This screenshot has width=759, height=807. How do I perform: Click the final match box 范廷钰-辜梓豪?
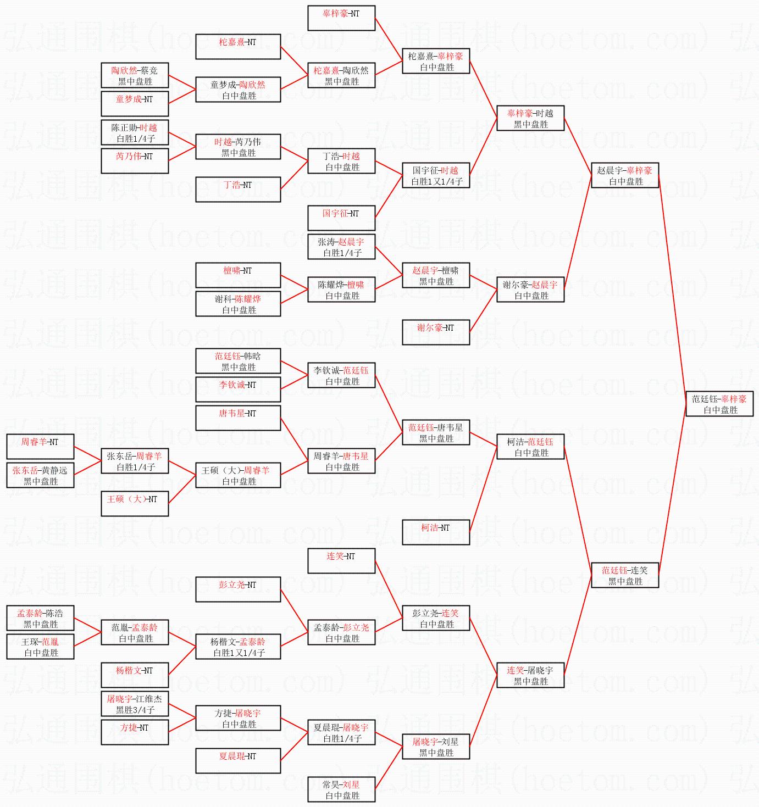point(719,404)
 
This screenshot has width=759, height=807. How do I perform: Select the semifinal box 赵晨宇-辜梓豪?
point(624,175)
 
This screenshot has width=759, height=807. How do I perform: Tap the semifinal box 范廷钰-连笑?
point(624,575)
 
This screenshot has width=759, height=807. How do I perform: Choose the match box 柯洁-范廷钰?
point(530,447)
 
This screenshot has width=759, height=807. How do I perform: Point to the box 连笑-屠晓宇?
point(530,675)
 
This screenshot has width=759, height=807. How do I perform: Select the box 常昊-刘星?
point(341,789)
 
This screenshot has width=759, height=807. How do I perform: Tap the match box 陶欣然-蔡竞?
point(135,75)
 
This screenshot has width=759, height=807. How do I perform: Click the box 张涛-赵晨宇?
point(341,247)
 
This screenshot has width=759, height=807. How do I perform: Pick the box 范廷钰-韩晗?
point(238,361)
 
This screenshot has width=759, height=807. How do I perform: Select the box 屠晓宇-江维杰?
point(135,704)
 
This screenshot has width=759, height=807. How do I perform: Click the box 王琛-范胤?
point(40,647)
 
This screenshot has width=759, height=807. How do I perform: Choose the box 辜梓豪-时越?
point(530,118)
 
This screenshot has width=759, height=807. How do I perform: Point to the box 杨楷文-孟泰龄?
point(238,647)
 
